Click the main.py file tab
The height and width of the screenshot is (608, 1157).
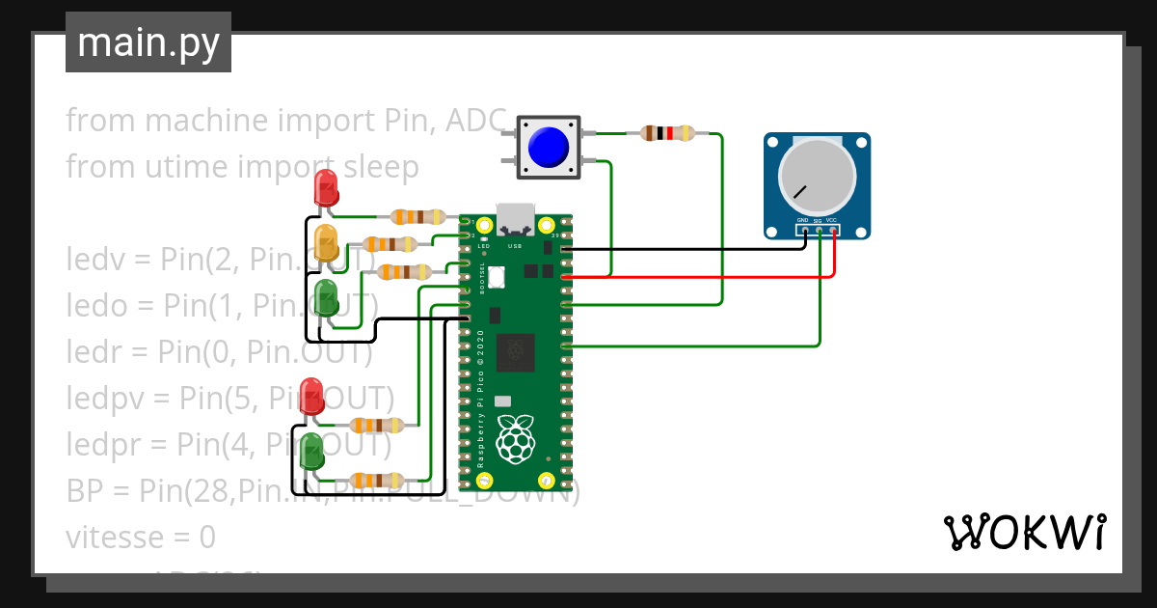click(x=148, y=42)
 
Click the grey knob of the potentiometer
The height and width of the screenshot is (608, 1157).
click(x=817, y=177)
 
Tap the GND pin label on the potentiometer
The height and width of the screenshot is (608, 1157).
click(x=802, y=221)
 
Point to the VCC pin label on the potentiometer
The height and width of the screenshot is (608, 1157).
click(x=832, y=221)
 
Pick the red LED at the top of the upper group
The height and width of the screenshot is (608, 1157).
click(x=327, y=188)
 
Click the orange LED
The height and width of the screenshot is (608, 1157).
click(x=327, y=242)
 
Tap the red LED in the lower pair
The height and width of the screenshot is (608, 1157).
click(x=311, y=396)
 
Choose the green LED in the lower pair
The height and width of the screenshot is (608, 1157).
click(x=311, y=452)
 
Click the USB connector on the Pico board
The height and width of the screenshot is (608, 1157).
click(x=515, y=220)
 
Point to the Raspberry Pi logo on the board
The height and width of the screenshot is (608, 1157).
click(x=515, y=438)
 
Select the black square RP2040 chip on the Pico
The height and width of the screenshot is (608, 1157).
click(x=515, y=351)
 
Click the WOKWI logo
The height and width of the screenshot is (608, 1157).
click(x=1023, y=531)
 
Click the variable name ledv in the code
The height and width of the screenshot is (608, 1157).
click(x=94, y=260)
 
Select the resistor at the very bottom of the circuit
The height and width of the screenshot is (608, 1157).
click(x=376, y=480)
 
